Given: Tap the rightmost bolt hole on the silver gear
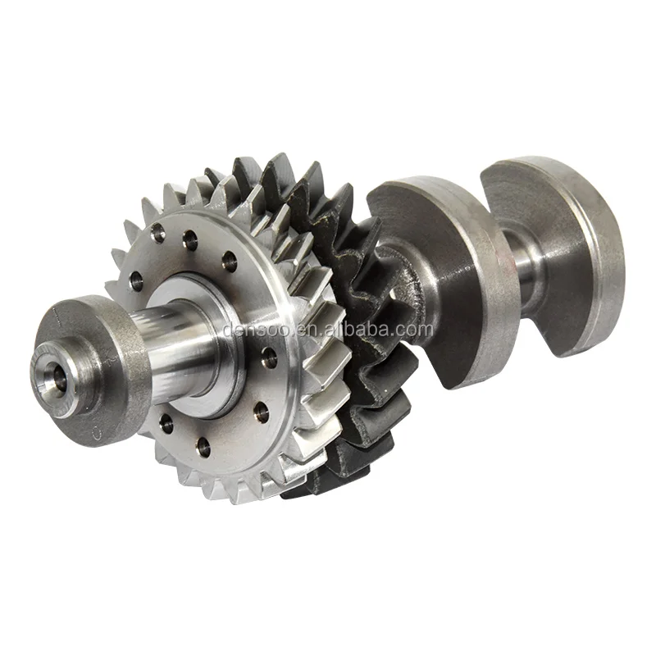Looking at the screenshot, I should tap(267, 354).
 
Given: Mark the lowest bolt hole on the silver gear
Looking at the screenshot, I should tap(203, 447).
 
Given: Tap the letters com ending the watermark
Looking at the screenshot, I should tap(415, 330).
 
